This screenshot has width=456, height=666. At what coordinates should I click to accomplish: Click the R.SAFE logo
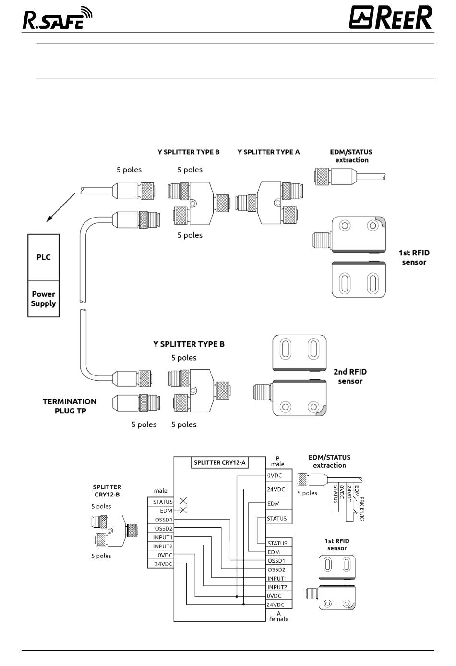pos(58,18)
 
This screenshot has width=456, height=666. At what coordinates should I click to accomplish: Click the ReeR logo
pos(390,17)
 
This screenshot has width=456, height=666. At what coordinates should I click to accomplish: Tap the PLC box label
pos(43,257)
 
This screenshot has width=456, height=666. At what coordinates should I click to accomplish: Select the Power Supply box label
pos(43,299)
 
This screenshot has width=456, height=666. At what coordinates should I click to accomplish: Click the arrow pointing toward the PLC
pos(61,207)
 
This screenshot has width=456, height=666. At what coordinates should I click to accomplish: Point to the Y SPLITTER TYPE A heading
pos(268,152)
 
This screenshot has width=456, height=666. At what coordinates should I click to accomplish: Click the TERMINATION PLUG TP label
pos(70,406)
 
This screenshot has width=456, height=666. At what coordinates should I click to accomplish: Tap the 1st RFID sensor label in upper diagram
pos(414,257)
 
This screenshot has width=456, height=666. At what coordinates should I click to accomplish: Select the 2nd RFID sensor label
pos(350,376)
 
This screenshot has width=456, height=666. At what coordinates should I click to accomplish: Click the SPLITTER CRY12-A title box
pos(219,462)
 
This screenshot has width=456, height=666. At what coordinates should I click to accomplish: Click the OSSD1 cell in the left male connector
pos(160,520)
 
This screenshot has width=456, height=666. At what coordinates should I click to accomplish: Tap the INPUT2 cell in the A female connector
pos(279,587)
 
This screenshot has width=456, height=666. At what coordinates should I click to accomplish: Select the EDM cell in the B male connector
pos(279,503)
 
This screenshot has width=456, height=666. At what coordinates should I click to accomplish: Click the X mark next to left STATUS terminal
pos(183,501)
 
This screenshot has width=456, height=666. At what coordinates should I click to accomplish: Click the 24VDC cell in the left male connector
pos(160,564)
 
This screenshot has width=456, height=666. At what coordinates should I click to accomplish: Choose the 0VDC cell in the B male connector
pos(279,476)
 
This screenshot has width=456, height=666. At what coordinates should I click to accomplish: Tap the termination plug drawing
pos(136,403)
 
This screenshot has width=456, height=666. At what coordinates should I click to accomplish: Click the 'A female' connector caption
pos(278,617)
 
